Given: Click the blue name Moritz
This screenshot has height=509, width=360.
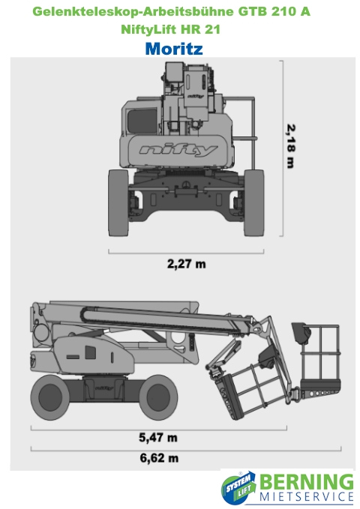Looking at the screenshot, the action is [174, 49].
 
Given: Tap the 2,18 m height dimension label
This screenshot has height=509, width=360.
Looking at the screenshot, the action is [290, 146].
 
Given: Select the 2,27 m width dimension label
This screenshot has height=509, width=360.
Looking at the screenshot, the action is [186, 264].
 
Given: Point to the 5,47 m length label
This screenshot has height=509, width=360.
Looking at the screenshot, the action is [158, 437].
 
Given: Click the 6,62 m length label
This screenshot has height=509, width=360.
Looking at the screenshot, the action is [159, 458].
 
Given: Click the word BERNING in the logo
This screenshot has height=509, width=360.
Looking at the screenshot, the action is [307, 482].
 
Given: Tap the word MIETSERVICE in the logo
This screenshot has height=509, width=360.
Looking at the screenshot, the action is [307, 497].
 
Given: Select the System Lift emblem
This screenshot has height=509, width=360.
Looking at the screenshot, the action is [238, 488].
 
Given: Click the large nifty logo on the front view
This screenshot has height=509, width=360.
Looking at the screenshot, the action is [178, 150].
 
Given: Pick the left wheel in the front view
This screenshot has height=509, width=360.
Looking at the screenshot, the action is [118, 202].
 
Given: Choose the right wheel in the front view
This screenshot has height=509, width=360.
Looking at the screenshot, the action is [254, 202].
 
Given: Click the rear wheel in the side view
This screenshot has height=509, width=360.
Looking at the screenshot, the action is [50, 397].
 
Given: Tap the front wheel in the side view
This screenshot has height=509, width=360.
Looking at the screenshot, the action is [158, 397].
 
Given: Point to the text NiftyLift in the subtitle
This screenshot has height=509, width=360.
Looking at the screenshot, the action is [148, 29].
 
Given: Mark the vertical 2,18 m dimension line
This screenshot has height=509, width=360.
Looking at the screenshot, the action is [283, 148].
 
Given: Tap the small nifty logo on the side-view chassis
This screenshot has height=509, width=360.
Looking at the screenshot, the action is [104, 388].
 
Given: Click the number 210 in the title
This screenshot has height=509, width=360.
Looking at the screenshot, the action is [283, 12].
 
